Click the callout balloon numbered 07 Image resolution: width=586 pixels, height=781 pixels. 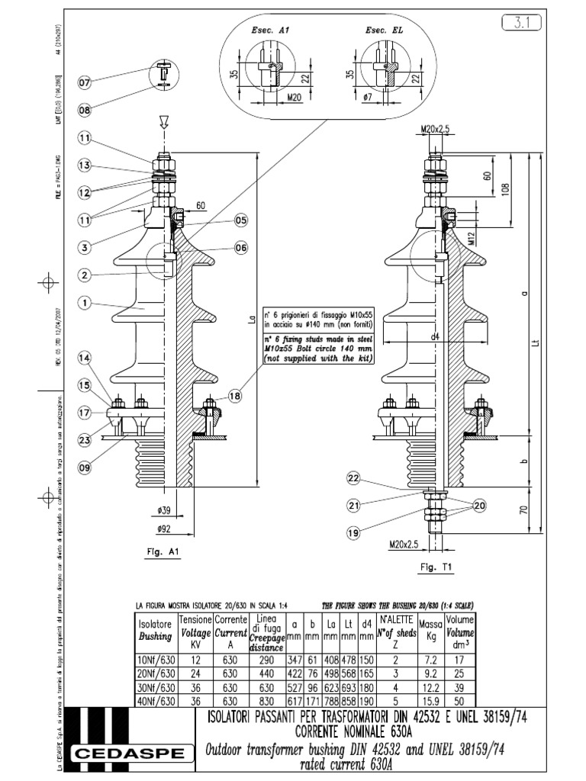(84, 82)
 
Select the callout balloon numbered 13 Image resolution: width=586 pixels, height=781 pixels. (84, 166)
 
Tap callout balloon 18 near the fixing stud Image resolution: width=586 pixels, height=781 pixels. (234, 396)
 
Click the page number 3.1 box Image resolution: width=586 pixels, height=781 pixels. (523, 24)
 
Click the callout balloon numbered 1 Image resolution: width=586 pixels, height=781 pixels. (84, 303)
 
